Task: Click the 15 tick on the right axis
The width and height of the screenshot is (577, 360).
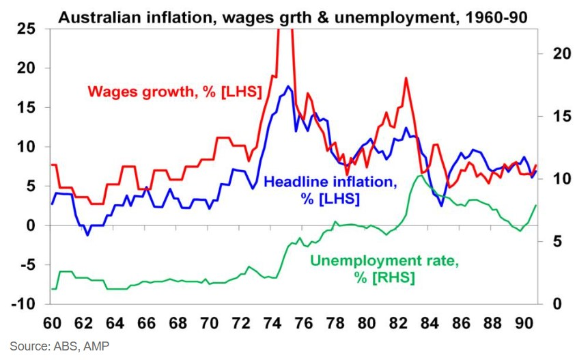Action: coord(552,116)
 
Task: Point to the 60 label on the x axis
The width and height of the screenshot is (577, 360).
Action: coord(51,322)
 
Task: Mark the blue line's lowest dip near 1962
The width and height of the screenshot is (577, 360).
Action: coord(87,235)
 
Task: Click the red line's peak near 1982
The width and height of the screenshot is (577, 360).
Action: coord(406,78)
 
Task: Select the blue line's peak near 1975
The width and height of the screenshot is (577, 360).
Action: coord(289,87)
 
